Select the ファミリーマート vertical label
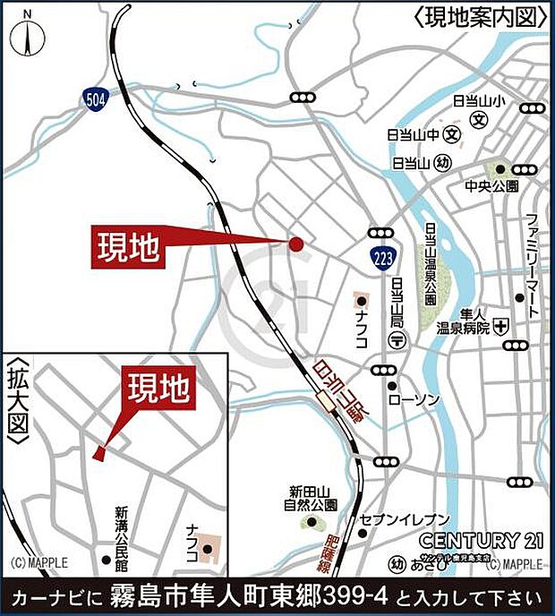pos(532,265)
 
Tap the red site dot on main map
pos(296,243)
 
